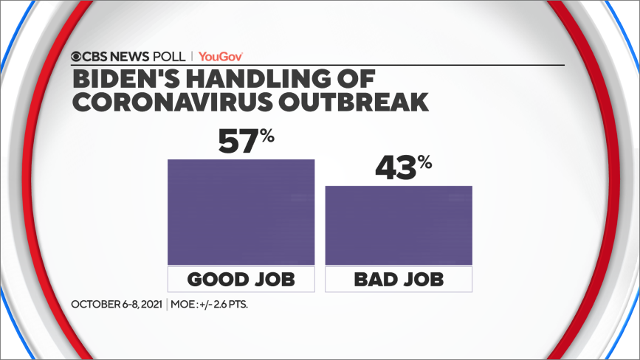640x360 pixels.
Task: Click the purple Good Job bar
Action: tap(241, 212)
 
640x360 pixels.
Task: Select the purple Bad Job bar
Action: tap(399, 225)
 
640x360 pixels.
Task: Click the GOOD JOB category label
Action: tap(241, 280)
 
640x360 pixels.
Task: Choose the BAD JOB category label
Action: tap(399, 280)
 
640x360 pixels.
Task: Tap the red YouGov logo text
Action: tap(221, 56)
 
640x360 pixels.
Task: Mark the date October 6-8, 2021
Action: tap(117, 304)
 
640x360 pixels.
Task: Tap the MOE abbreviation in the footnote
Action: tap(185, 304)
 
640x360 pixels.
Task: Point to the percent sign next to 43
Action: tap(424, 162)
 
